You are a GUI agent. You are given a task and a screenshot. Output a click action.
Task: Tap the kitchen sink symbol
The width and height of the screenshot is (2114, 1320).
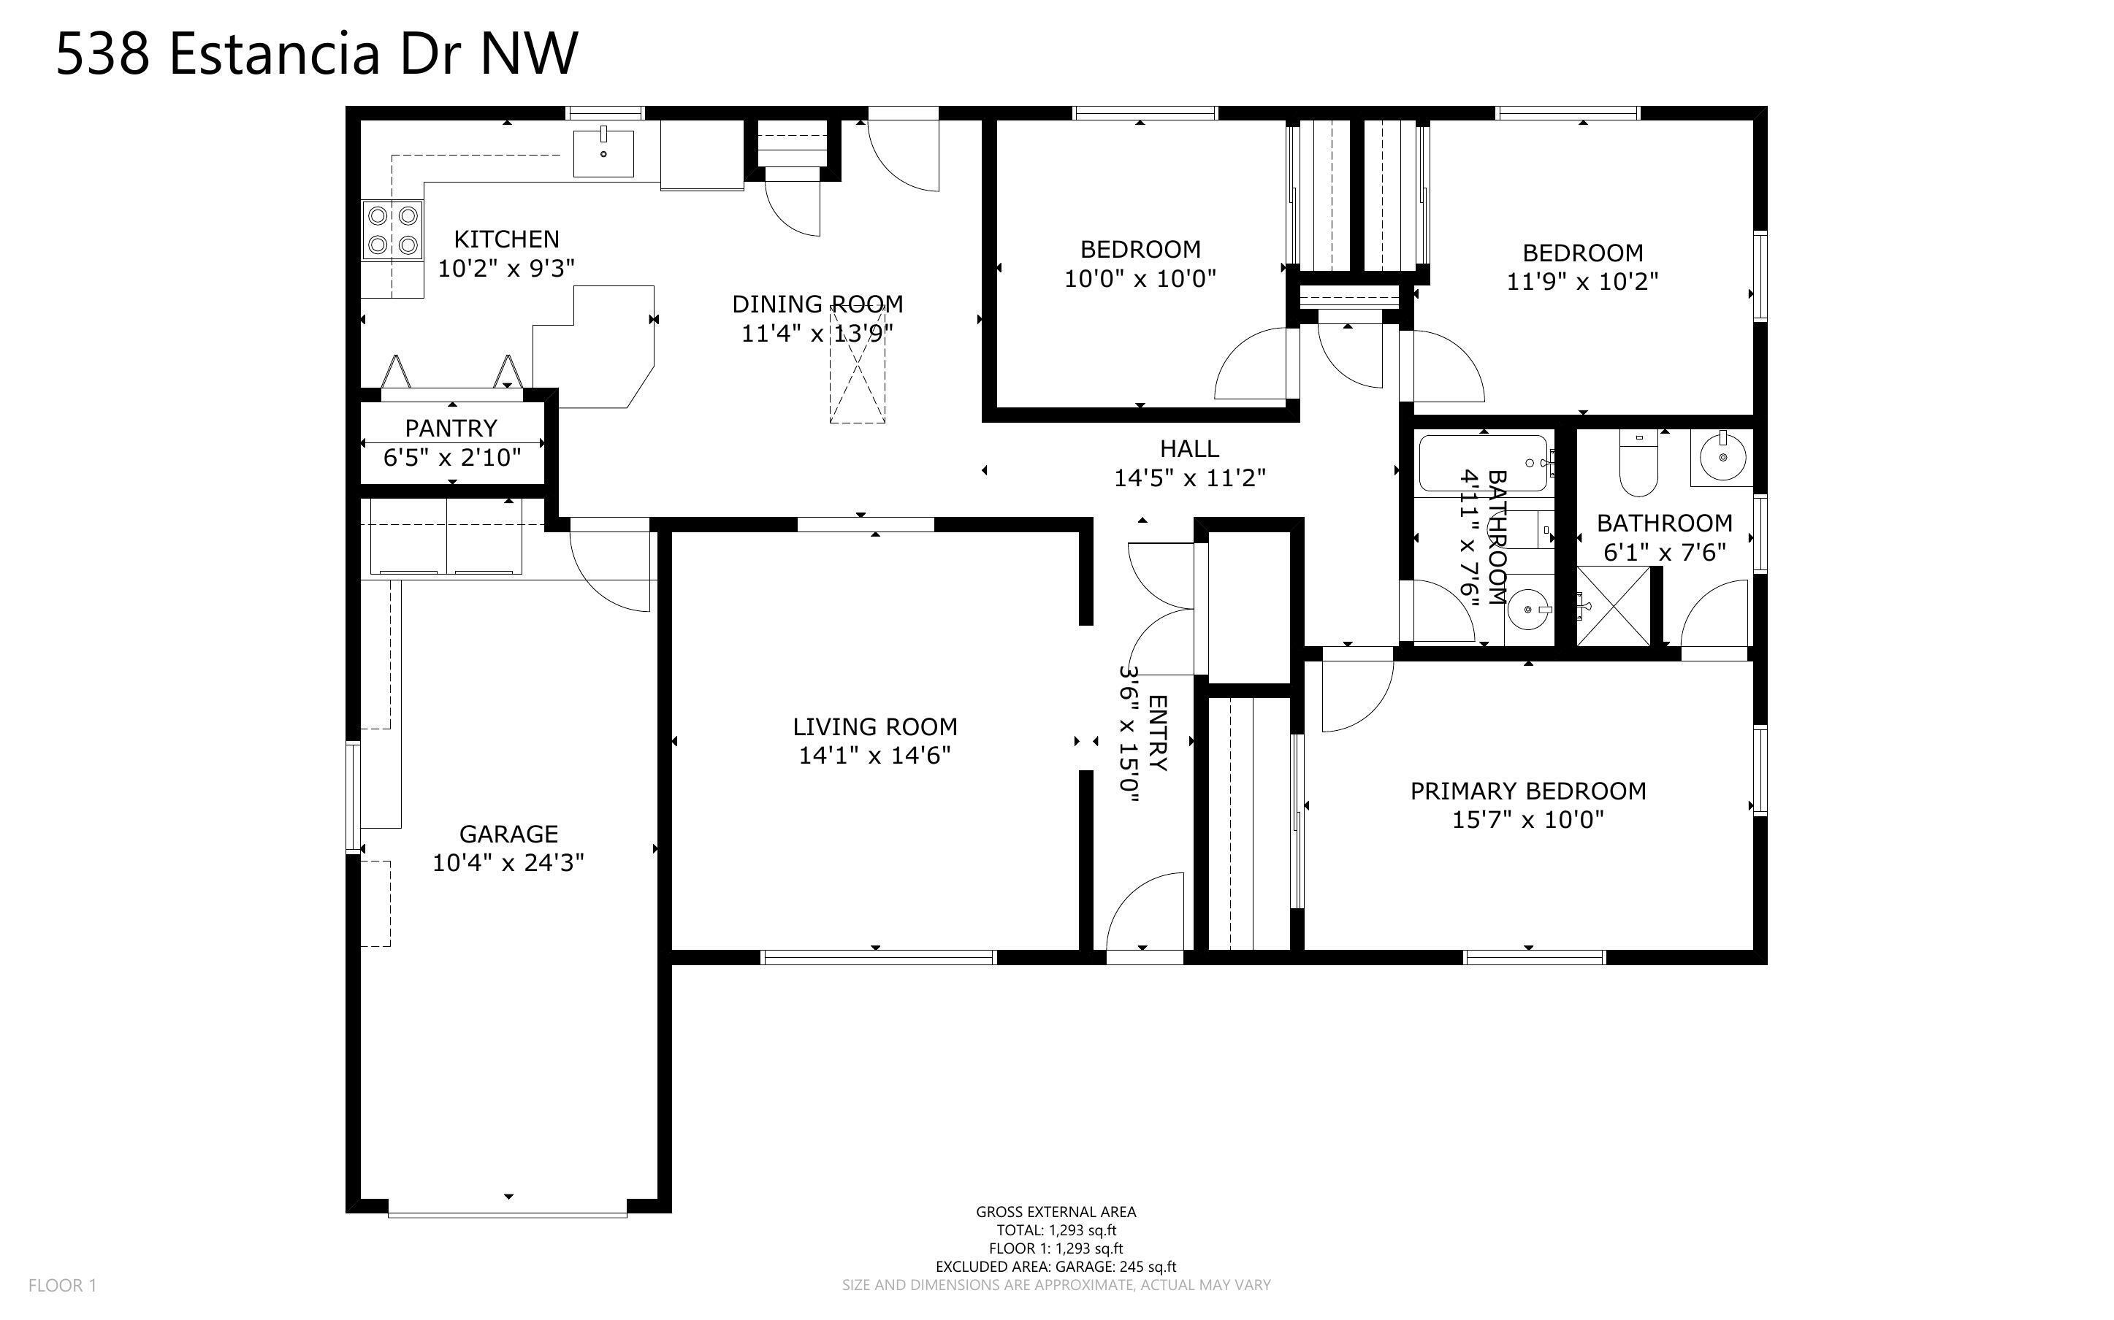pos(603,153)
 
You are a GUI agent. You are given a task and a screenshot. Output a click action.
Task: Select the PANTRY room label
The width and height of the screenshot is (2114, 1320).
pos(451,428)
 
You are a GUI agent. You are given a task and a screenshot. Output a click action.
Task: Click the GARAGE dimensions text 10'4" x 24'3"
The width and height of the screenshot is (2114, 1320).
pos(508,862)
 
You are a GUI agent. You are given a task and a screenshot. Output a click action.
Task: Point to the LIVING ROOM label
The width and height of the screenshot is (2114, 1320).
pos(874,726)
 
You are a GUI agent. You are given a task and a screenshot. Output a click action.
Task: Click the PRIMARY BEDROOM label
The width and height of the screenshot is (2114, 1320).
pos(1527,791)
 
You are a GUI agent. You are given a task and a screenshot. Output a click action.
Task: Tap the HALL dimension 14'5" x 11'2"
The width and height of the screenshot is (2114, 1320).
pos(1189,477)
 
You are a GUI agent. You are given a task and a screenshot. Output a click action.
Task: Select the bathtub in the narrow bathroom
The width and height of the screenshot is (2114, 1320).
pos(1482,463)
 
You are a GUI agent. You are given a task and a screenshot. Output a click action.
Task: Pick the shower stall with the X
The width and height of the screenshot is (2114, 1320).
pos(1614,607)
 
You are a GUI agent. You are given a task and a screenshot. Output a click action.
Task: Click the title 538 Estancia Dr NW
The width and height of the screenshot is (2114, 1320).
pos(317,53)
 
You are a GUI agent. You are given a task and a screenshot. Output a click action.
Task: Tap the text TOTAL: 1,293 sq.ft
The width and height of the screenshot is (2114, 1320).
pos(1056,1230)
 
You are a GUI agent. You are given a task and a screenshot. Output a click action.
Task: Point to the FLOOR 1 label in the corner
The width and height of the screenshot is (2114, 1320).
pos(62,1285)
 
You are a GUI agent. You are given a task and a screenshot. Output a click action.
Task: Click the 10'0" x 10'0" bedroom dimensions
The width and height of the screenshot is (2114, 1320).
pos(1140,278)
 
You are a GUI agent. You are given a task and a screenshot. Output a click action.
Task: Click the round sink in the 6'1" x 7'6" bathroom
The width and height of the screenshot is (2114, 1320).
pos(1722,458)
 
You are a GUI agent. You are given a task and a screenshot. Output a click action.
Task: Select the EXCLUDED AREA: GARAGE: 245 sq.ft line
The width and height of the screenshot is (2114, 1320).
pos(1056,1267)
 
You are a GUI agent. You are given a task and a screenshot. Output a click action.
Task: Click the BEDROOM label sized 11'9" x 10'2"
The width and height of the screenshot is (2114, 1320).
pos(1582,253)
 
